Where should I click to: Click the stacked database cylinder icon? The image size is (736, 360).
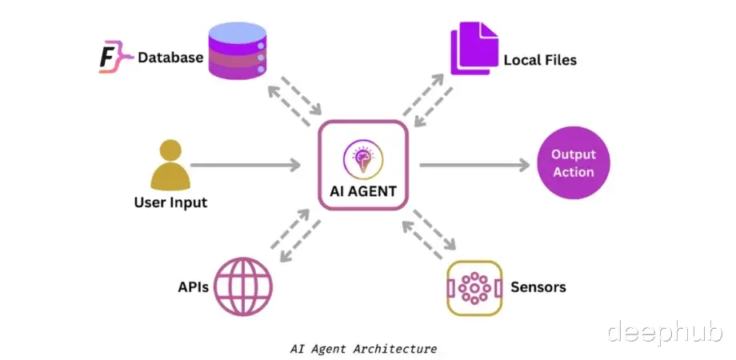point(237,51)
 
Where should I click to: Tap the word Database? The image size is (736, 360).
point(170,58)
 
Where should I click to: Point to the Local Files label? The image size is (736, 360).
point(540,60)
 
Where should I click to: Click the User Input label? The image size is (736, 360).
point(170,202)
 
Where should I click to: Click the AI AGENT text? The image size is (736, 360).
point(363,191)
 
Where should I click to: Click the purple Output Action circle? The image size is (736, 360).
point(573,162)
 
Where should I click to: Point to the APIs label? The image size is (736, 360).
point(194,286)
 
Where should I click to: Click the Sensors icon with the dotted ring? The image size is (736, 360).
point(474,287)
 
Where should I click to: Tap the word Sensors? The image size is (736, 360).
point(538,286)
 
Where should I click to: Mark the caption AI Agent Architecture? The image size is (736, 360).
point(363,349)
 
